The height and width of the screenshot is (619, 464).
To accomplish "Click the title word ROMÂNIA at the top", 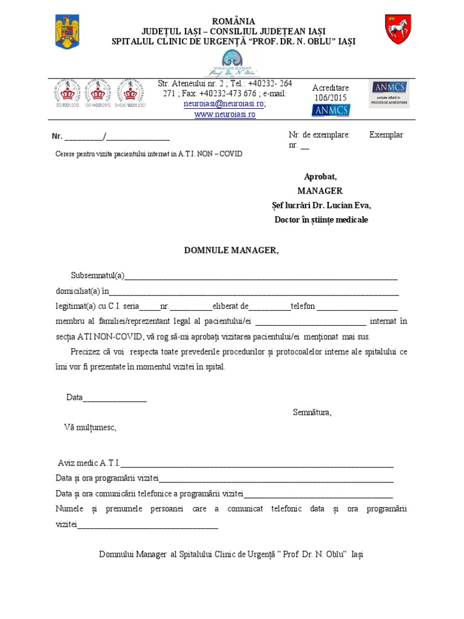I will pos(233,21).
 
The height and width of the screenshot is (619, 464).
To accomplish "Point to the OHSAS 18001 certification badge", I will pos(129,92).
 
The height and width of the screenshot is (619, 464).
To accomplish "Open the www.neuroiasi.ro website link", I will pos(224,114).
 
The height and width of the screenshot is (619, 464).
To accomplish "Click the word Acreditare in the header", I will pos(330,88).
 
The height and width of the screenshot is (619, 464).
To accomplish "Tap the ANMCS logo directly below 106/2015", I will pos(330,110).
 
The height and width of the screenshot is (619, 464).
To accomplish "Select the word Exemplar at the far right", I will pos(386,135).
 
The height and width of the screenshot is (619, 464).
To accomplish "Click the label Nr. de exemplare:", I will pos(319,135).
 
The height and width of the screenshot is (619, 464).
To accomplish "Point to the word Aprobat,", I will pos(320,177).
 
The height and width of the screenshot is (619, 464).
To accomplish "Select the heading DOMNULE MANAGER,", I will pos(231,250).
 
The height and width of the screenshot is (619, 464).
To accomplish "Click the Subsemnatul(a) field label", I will pos(97,276).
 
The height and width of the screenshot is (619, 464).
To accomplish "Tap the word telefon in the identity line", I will pos(303,306).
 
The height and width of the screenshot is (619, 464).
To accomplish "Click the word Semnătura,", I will pos(312,412).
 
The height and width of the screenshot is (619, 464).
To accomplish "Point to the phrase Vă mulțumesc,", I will pos(89,427).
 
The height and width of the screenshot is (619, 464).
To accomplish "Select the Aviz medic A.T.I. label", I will pos(89,463).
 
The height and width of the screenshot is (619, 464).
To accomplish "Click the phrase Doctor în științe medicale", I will pos(321,219).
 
